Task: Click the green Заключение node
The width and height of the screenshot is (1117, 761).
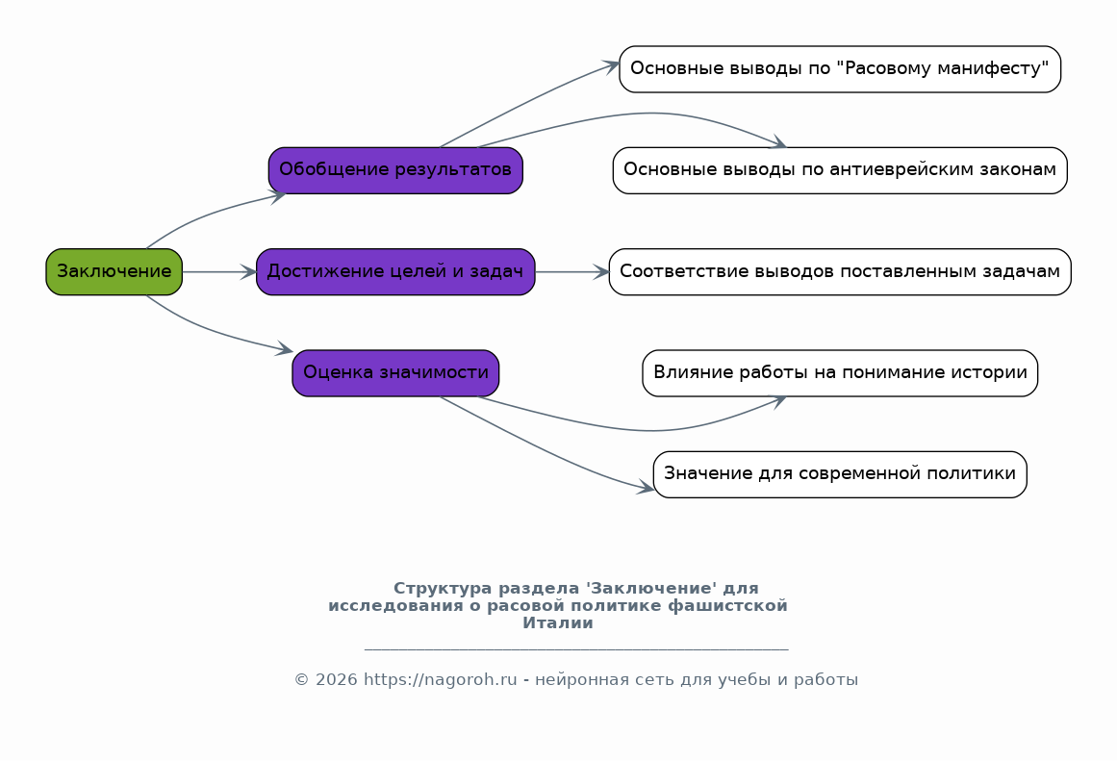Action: coord(114,271)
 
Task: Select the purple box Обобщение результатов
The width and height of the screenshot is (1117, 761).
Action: coord(395,170)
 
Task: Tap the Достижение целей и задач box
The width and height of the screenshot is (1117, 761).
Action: coord(395,271)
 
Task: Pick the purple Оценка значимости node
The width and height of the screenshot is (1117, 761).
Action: coord(395,372)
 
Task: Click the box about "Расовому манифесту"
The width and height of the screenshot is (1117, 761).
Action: coord(840,69)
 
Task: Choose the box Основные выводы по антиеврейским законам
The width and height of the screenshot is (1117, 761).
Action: coord(840,170)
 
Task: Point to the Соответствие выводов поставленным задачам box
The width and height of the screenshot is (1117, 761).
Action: coord(840,271)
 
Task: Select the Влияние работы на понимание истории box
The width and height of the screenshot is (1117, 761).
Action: coord(840,372)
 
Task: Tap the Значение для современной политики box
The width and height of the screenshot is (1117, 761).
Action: coord(840,474)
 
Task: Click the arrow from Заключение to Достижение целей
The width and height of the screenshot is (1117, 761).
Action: coord(219,271)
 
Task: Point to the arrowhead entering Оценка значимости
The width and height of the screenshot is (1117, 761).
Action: coord(285,348)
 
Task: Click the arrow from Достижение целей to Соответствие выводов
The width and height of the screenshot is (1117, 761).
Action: coord(572,271)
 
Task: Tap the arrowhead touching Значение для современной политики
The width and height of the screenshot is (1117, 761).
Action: coord(646,488)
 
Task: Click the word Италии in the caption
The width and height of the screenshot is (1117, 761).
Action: coord(558,622)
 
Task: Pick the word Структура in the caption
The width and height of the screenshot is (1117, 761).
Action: coord(443,589)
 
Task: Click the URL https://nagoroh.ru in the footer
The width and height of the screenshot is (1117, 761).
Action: coord(441,680)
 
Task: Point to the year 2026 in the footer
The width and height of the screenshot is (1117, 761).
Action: coord(336,680)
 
